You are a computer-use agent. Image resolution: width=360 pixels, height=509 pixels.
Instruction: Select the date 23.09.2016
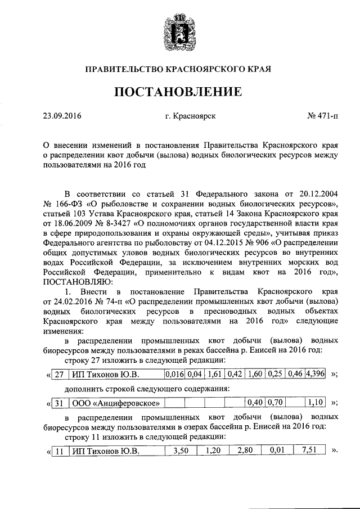62,117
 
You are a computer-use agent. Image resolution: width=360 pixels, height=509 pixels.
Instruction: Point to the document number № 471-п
323,117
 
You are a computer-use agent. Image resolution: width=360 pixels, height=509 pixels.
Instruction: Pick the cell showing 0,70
274,402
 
